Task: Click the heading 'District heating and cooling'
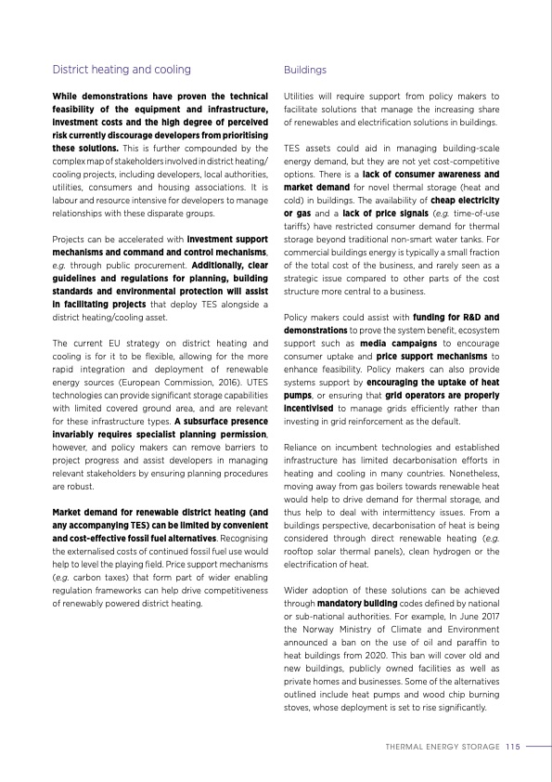pos(122,70)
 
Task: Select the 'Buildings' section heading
pos(304,70)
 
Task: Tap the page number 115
pos(513,744)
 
